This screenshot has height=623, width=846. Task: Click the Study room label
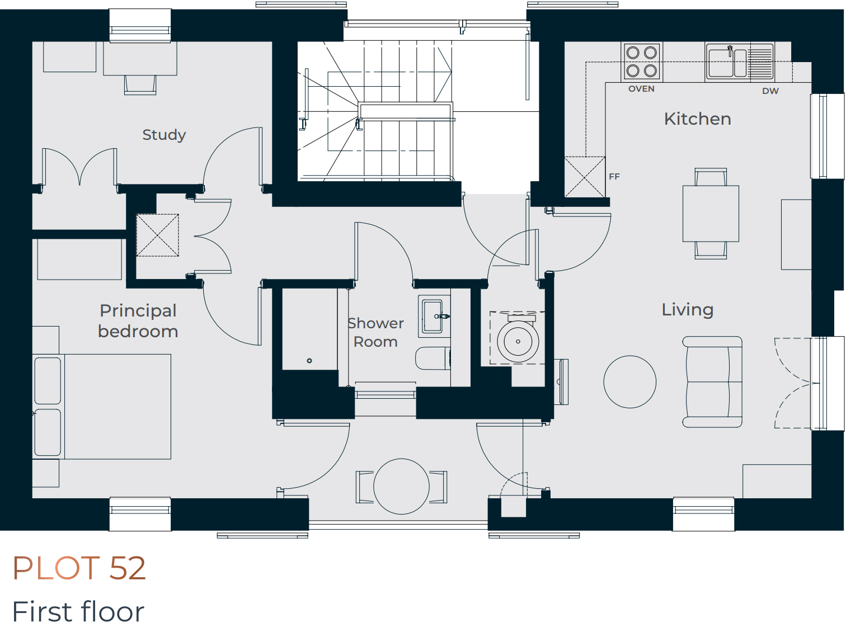point(164,135)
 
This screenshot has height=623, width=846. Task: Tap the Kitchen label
point(697,119)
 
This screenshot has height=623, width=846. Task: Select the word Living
point(687,310)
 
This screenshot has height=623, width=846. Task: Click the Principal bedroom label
point(138,321)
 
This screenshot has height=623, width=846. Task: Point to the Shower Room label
point(375,332)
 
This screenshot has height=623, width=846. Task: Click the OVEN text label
point(641,89)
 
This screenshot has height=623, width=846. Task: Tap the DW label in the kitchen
point(770,91)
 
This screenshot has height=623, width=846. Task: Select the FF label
point(614,176)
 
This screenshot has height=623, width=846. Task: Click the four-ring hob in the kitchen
point(642,61)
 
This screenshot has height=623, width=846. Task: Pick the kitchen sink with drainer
point(740,62)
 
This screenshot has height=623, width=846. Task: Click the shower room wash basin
point(434,317)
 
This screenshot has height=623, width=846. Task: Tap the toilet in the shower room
point(433,358)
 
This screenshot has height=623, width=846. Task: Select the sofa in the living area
point(712,382)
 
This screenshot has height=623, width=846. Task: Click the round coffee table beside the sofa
point(629,382)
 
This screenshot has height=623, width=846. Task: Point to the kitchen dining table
point(711,213)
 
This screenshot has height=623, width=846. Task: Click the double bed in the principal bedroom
point(102,407)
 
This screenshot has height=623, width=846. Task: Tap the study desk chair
point(140,85)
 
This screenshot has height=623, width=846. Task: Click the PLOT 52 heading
point(79,568)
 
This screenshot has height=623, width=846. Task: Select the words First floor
point(78,611)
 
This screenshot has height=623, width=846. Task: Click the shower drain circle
point(309,361)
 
